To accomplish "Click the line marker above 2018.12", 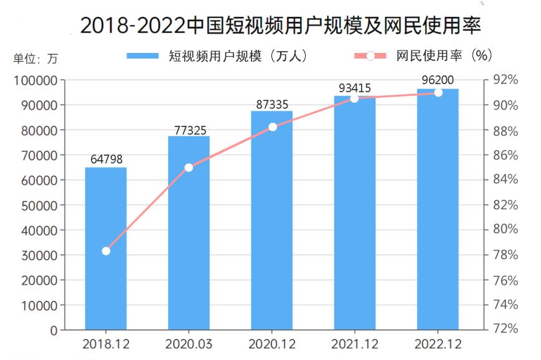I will pos(106,251).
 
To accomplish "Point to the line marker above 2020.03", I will pos(189,168).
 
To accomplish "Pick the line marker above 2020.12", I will pos(272,127).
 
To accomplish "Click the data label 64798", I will pos(106,159).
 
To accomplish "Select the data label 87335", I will pos(272,103).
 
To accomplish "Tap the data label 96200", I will pos(438,80).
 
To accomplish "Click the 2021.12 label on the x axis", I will pos(355,344).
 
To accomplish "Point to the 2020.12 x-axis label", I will pos(272,344).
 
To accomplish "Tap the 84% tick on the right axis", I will pos(506,179).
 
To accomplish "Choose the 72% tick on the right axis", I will pos(506,328).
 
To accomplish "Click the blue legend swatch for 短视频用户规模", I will pos(143,56).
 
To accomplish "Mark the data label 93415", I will pos(355,88).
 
